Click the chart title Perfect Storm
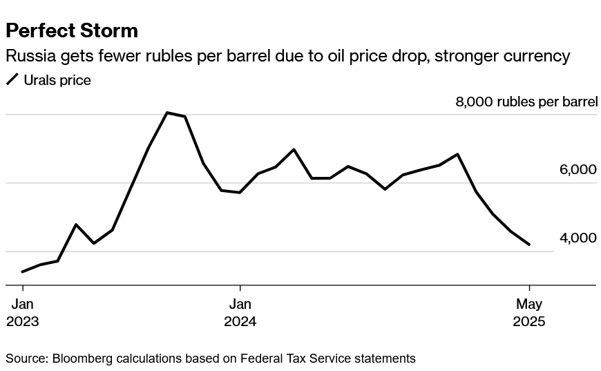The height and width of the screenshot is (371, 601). [72, 31]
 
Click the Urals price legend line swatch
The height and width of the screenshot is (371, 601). [13, 80]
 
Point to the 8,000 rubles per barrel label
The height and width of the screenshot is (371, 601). [526, 102]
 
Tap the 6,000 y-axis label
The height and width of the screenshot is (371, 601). [578, 170]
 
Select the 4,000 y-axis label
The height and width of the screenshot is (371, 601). [578, 238]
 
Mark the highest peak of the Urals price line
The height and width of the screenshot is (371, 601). [167, 113]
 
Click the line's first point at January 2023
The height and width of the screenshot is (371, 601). [23, 272]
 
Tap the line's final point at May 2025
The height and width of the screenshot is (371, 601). [529, 245]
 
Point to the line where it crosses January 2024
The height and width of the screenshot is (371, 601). [240, 193]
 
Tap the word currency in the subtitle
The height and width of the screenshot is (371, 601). [542, 56]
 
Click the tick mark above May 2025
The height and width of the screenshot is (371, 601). [529, 288]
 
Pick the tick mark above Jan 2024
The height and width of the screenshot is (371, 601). [240, 288]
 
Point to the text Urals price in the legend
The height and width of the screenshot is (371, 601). [57, 80]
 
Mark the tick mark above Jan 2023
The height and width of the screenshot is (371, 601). [23, 288]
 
